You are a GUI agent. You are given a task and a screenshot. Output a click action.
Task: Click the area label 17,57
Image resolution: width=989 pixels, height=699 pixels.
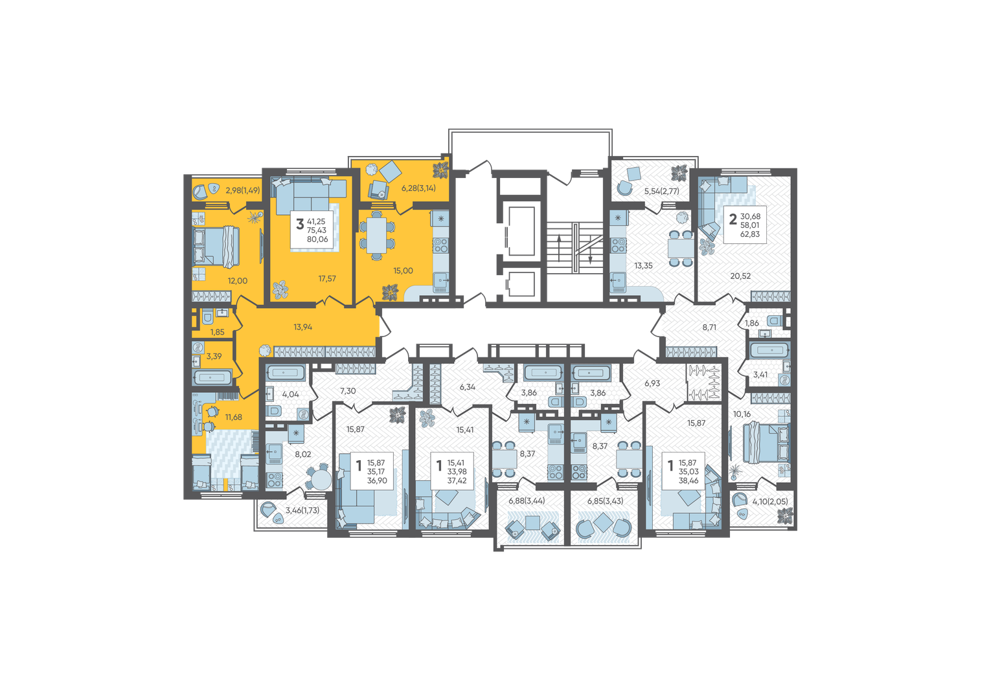(x=327, y=278)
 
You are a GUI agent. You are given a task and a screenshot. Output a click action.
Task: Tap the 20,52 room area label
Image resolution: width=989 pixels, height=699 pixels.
(x=740, y=276)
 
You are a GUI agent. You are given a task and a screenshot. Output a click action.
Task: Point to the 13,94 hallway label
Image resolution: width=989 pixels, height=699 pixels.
(x=303, y=327)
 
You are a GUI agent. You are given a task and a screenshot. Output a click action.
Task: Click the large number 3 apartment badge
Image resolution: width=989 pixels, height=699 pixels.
(x=300, y=224)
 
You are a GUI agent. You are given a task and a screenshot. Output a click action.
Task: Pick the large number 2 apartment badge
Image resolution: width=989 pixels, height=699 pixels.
(x=733, y=219)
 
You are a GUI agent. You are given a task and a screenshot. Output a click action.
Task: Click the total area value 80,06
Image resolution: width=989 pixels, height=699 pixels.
(x=317, y=239)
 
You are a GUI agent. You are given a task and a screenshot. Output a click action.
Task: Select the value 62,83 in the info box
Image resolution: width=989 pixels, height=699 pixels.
(x=750, y=234)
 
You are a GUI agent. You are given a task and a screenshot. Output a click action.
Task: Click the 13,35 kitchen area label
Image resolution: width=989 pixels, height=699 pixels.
(x=643, y=265)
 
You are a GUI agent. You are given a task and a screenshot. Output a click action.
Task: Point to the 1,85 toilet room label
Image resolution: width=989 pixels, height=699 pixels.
(x=217, y=332)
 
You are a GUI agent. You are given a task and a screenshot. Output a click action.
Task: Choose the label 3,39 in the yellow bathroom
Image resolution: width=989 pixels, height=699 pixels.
(x=214, y=356)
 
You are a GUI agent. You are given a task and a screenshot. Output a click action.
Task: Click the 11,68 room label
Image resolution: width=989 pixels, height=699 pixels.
(x=234, y=417)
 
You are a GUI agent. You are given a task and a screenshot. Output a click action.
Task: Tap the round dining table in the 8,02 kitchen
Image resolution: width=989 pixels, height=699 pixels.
(x=320, y=479)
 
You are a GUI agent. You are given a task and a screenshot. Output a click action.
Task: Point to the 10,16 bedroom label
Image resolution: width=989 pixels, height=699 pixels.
(x=742, y=414)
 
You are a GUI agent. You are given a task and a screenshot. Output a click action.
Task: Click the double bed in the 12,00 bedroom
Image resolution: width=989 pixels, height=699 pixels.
(x=216, y=247)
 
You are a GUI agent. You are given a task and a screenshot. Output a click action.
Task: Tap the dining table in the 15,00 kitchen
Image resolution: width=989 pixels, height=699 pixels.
(x=376, y=236)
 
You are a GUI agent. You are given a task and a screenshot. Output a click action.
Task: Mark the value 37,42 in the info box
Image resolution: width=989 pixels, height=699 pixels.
(x=457, y=480)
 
